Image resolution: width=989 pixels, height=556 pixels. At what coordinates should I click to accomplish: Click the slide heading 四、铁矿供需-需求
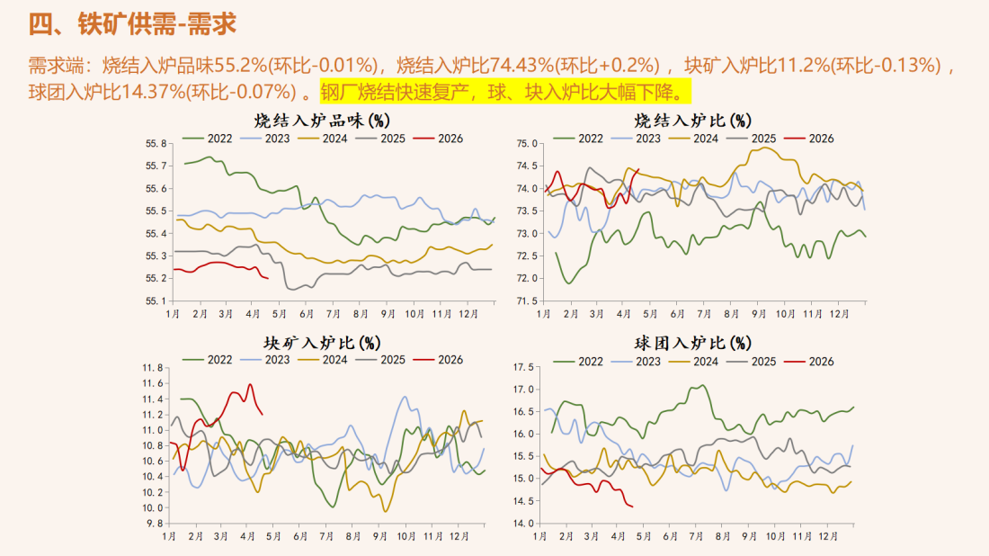[134, 23]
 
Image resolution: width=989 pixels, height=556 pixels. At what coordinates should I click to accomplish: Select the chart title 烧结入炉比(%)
[693, 119]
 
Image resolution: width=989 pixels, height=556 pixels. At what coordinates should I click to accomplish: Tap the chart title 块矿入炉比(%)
[320, 342]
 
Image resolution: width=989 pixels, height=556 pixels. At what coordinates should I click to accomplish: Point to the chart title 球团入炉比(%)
[692, 342]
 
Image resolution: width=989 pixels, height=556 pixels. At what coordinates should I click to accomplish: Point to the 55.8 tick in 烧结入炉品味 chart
[156, 143]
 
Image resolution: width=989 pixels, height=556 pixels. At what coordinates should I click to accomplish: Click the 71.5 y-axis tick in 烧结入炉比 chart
[527, 300]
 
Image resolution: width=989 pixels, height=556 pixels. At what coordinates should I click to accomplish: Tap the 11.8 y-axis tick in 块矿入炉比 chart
[153, 368]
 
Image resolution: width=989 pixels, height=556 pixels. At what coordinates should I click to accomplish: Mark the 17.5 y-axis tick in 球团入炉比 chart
[524, 367]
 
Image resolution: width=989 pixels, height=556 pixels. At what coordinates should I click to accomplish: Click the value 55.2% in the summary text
[242, 65]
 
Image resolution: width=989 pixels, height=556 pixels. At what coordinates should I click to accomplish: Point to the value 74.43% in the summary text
[520, 65]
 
